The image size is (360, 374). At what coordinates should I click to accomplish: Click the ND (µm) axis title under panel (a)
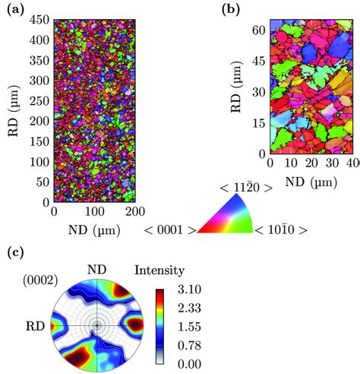(x=93, y=227)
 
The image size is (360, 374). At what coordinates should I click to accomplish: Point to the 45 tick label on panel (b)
(x=259, y=61)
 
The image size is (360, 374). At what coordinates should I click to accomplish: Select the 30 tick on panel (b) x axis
(x=330, y=162)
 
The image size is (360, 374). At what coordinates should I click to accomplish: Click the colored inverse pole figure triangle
(x=232, y=217)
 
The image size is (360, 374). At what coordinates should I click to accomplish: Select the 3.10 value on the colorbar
(x=186, y=289)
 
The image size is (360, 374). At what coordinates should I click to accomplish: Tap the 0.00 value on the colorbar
(x=186, y=363)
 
